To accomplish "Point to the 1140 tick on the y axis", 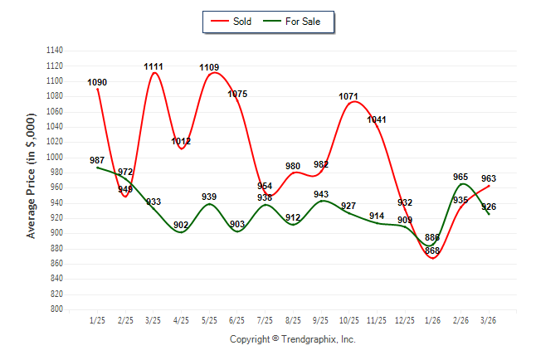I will click(x=55, y=51).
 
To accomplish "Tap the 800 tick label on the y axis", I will click(x=57, y=309).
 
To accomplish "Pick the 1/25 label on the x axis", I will click(x=97, y=320).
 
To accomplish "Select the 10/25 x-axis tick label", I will click(x=349, y=320).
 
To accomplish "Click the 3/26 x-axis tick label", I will click(x=490, y=320).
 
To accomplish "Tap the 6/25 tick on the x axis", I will click(x=237, y=320).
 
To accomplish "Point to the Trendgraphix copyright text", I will click(x=292, y=339).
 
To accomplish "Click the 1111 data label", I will click(x=153, y=66).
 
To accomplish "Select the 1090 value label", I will click(x=97, y=82).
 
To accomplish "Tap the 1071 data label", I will click(x=349, y=96).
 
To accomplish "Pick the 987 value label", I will click(x=97, y=160).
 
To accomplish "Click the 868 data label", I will click(x=432, y=251).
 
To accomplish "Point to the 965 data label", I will click(x=461, y=177).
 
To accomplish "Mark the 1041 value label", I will click(x=377, y=119).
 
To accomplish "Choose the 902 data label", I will click(x=181, y=225).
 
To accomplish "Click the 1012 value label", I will click(x=181, y=141).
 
